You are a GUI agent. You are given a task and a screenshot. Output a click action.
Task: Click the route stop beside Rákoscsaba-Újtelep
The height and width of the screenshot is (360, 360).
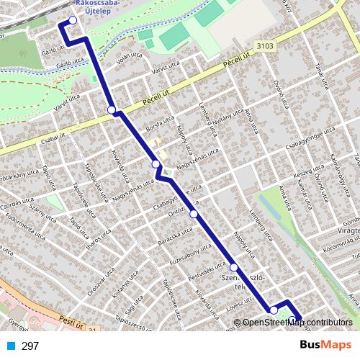tap(73, 20)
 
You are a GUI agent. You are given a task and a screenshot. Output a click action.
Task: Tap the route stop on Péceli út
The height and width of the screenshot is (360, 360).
tap(112, 109)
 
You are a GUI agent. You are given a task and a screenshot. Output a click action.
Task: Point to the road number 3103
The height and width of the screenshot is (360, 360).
tap(264, 45)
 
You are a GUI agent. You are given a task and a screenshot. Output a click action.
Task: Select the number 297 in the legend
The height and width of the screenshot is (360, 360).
tap(30, 346)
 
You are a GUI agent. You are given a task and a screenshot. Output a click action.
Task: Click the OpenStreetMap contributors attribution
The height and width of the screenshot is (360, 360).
tap(297, 323)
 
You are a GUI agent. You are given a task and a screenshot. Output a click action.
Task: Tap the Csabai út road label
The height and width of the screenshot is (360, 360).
tap(33, 132)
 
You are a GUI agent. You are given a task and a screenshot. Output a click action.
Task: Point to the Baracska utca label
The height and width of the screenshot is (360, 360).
tap(177, 236)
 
